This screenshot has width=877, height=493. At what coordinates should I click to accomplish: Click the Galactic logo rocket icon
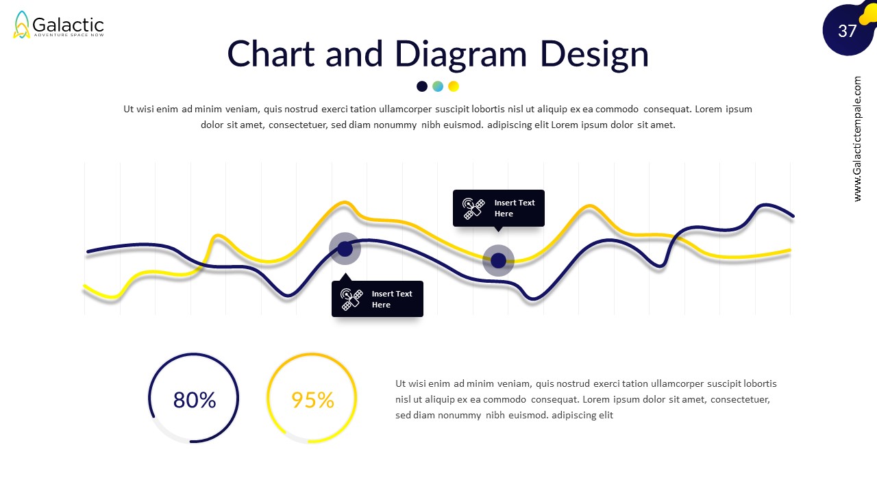(x=22, y=25)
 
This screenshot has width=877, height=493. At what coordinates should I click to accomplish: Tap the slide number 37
(x=848, y=31)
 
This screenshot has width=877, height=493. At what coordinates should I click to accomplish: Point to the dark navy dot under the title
(x=422, y=86)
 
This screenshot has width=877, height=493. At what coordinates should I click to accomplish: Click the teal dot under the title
(x=438, y=86)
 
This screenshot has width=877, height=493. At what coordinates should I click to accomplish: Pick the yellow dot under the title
(x=454, y=86)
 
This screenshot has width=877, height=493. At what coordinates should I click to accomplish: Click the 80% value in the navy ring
(x=195, y=400)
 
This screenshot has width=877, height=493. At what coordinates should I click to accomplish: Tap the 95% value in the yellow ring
(x=312, y=400)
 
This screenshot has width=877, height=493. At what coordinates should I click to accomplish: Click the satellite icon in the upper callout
(x=473, y=208)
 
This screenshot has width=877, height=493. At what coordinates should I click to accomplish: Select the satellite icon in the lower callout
(x=352, y=299)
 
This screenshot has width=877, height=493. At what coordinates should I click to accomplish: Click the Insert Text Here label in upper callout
(x=515, y=208)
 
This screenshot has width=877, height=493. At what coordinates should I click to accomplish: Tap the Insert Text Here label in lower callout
(x=392, y=299)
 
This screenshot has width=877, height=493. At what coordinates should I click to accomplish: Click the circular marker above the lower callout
(x=345, y=249)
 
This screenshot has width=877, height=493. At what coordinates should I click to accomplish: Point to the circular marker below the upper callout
(x=498, y=260)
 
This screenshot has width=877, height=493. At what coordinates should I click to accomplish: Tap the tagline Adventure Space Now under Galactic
(x=69, y=35)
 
